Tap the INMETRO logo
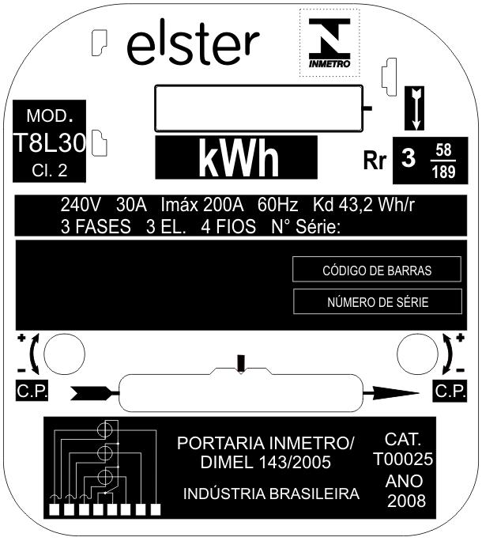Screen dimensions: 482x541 click(329, 43)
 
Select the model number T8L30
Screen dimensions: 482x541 click(50, 143)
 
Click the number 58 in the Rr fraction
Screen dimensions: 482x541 click(443, 150)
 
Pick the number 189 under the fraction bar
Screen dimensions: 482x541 click(443, 172)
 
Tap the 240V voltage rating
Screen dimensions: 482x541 click(81, 205)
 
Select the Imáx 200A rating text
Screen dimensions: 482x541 click(202, 205)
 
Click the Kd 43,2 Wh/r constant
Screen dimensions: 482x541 click(363, 205)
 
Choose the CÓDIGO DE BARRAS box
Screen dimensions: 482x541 click(376, 270)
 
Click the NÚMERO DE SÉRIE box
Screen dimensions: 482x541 click(378, 302)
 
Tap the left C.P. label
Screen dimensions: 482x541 click(32, 391)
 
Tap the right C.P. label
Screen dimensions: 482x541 click(450, 391)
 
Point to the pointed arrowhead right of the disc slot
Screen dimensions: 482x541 click(392, 393)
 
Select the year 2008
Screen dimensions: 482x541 click(406, 501)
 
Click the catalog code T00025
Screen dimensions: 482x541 click(403, 460)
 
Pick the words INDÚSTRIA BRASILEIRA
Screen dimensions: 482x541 click(271, 494)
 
